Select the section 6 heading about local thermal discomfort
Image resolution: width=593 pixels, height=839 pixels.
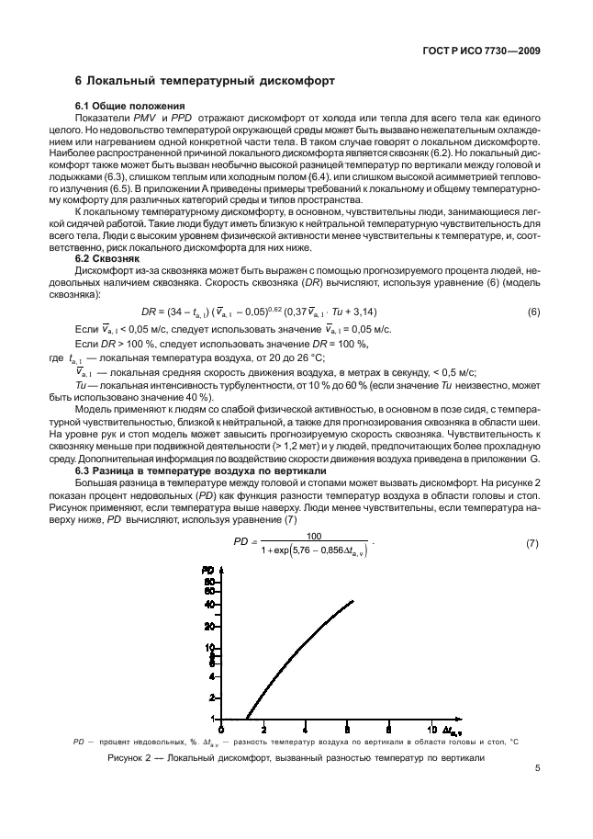(x=205, y=82)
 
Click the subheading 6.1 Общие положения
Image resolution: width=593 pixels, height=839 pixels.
(x=130, y=107)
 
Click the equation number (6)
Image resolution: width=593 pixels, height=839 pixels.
(x=533, y=312)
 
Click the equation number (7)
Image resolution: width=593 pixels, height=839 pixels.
(x=531, y=545)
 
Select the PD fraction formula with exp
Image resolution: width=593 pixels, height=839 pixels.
(x=299, y=545)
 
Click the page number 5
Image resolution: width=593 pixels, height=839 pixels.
(x=538, y=787)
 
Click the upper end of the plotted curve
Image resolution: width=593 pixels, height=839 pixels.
(x=352, y=602)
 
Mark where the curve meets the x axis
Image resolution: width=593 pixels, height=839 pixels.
(x=245, y=719)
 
